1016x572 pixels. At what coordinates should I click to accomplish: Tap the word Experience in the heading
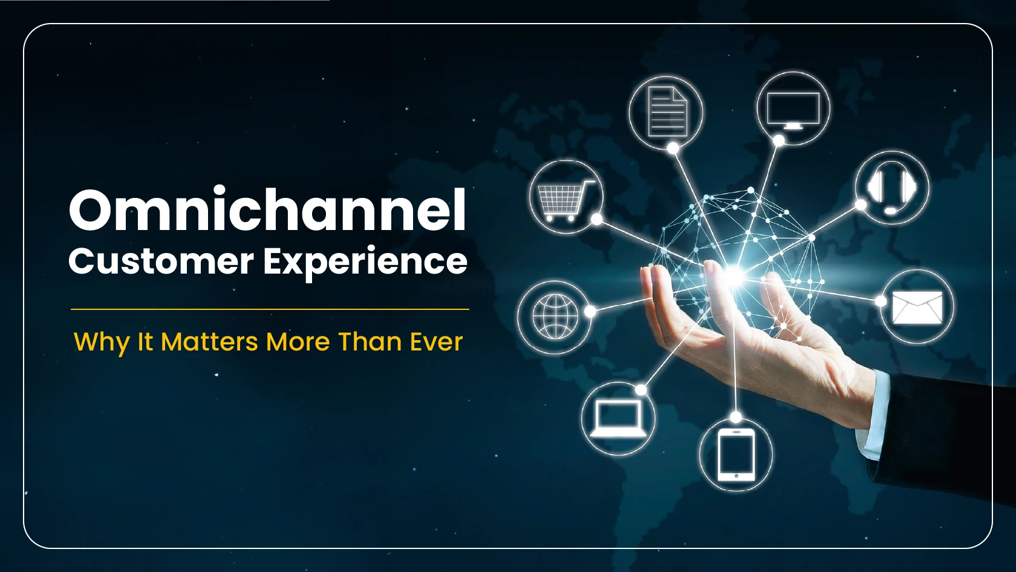(x=365, y=263)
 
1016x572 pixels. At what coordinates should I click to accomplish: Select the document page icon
(x=667, y=111)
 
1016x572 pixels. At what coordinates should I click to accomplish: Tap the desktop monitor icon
(x=793, y=111)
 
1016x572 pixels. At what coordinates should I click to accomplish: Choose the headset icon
(x=891, y=188)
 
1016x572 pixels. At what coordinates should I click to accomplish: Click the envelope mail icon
(x=917, y=307)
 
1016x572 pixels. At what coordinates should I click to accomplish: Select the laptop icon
(x=618, y=419)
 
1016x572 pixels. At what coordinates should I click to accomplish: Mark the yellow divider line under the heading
(x=270, y=309)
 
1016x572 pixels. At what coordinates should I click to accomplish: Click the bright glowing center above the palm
(x=734, y=274)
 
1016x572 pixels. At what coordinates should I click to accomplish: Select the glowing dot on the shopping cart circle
(x=597, y=219)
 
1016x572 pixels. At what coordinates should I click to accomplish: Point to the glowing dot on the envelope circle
(x=881, y=301)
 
